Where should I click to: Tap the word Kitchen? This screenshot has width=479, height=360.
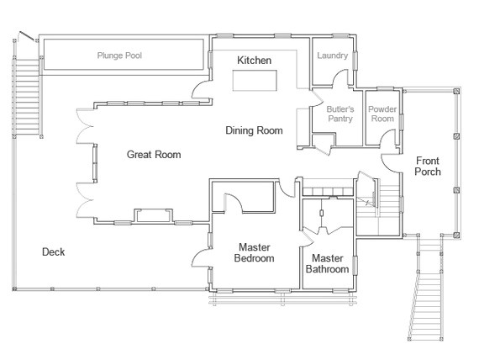pos(253,61)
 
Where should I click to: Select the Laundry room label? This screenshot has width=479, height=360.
pos(333,56)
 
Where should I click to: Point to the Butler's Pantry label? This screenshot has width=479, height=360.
pos(340,114)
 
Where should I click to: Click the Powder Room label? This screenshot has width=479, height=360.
pos(382,114)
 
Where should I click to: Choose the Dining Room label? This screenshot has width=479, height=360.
pos(254,130)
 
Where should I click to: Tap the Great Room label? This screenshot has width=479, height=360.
pos(154,155)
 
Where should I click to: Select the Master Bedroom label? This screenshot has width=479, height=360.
pos(255,253)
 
